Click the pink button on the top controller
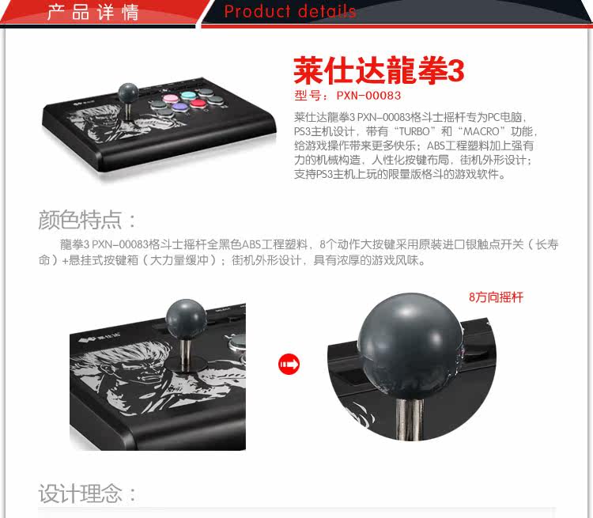pyautogui.click(x=170, y=99)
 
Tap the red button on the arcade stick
pyautogui.click(x=197, y=104)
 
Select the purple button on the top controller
pyautogui.click(x=179, y=108)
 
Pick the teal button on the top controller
pyautogui.click(x=187, y=95)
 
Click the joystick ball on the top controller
pyautogui.click(x=128, y=92)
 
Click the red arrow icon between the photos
pyautogui.click(x=289, y=365)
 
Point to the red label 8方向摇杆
pyautogui.click(x=496, y=297)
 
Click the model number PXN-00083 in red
pyautogui.click(x=368, y=96)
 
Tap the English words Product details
pyautogui.click(x=289, y=11)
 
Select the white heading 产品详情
pyautogui.click(x=93, y=12)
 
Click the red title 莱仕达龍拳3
pyautogui.click(x=379, y=70)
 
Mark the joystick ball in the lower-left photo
pyautogui.click(x=186, y=319)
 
